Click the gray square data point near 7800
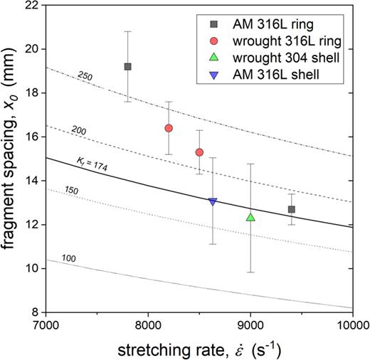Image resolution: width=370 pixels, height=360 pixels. point(127,66)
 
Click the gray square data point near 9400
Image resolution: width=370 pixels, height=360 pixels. point(292,209)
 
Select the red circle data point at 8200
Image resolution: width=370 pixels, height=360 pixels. point(169,128)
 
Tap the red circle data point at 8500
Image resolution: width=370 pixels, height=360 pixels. point(199,152)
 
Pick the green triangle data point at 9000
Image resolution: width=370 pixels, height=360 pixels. point(250,217)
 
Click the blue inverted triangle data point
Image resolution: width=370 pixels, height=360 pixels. point(213,202)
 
